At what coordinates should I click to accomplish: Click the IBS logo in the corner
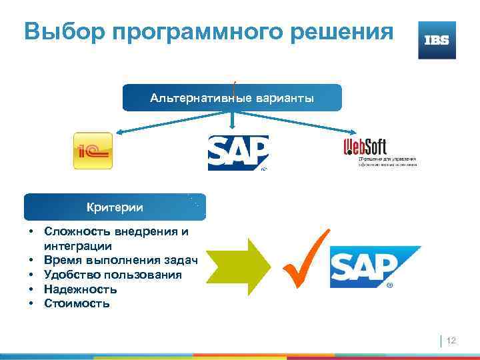pos(437,40)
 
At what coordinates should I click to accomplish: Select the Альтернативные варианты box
pos(232,98)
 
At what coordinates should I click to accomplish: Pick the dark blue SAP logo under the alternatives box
pos(238,153)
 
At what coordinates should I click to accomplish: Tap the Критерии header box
pos(115,207)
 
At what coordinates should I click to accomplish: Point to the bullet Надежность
pos(81,289)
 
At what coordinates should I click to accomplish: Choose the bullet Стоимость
pos(77,303)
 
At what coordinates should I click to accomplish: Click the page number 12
pos(451,341)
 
